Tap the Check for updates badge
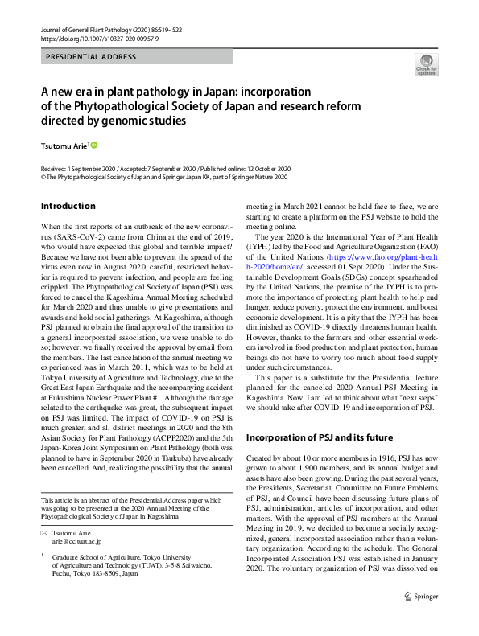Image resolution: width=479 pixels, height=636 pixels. [x=426, y=64]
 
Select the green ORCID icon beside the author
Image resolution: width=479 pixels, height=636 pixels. [x=93, y=145]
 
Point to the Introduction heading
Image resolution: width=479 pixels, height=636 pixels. [x=68, y=206]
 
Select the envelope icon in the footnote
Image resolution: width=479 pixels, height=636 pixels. [x=44, y=535]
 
